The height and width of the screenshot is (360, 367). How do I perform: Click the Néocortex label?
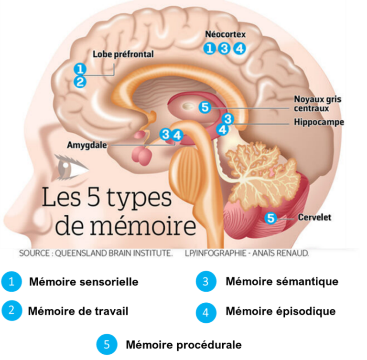point(226,34)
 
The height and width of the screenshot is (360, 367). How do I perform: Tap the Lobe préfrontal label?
point(123,54)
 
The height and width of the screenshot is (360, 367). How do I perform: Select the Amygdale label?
point(87,145)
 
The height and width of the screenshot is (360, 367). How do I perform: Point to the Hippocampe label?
point(319,122)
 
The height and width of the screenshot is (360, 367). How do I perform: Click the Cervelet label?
point(314,217)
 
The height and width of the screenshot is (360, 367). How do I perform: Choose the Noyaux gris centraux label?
point(317,104)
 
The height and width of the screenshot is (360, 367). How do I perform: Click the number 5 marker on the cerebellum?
point(270,218)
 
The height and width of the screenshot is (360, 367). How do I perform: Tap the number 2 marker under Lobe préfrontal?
point(80,82)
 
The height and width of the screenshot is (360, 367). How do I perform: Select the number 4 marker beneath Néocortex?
point(240,48)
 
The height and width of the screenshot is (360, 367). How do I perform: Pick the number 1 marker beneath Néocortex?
point(209,48)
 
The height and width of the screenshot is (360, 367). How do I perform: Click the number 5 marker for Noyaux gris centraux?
point(205,107)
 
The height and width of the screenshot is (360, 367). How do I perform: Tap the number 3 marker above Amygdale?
point(166,134)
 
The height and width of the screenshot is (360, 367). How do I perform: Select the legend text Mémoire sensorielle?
point(84,282)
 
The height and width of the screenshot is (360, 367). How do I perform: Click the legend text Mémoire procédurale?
point(183,345)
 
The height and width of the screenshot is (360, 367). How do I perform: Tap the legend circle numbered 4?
point(206,313)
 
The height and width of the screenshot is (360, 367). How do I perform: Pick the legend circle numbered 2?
point(11,310)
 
